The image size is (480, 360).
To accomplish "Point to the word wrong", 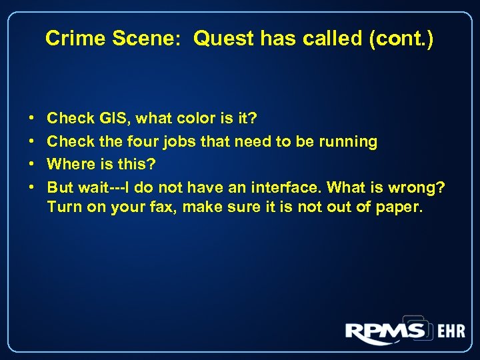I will [x=417, y=187].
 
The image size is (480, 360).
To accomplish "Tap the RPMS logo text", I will [x=385, y=331].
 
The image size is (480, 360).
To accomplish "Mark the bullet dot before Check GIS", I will [x=32, y=119].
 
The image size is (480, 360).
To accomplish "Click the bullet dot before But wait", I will [x=32, y=187].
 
